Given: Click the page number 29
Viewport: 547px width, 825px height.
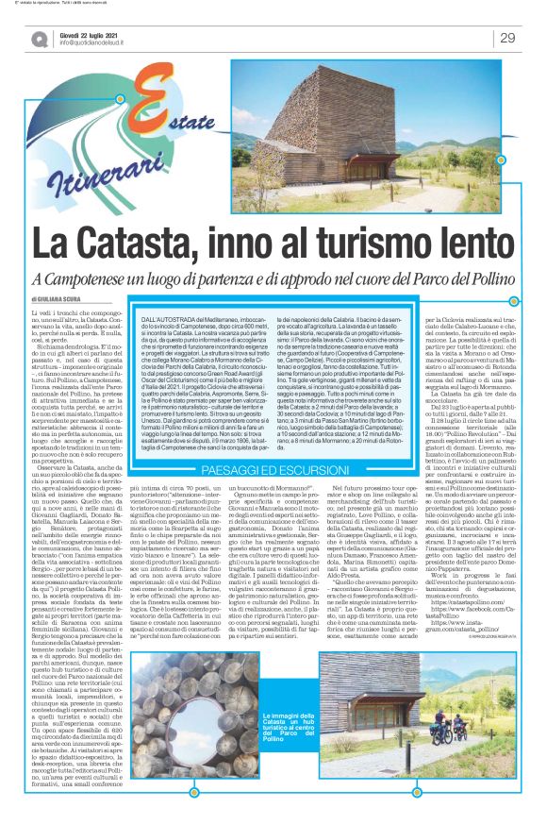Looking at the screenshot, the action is point(506,37).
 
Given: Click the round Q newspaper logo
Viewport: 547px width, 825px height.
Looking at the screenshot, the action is point(39,39).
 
